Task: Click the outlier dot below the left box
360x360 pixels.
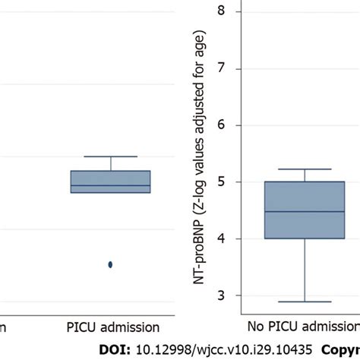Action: pos(110,264)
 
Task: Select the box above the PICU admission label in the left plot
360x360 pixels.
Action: pos(110,182)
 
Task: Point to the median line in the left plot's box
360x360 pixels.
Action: pos(110,185)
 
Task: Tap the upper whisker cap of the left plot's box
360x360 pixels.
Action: pos(110,156)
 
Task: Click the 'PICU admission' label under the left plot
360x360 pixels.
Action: pos(110,328)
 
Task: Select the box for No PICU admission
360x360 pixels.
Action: pos(304,210)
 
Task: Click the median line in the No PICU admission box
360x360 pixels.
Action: pos(304,212)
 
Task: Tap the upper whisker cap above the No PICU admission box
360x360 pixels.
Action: pos(304,169)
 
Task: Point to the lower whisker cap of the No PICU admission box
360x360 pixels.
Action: pos(304,302)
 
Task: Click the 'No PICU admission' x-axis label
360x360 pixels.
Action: pos(304,328)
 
